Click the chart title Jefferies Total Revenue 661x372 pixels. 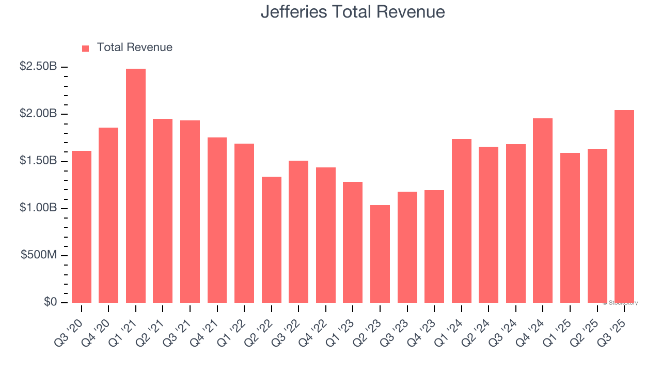[353, 11]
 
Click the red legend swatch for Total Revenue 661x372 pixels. [86, 48]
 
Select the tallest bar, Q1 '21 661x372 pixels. [136, 185]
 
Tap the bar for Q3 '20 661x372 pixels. [82, 227]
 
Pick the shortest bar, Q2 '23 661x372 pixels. [380, 254]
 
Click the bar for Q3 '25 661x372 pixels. [624, 206]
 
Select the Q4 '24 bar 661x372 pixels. [543, 210]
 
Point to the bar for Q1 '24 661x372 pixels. [462, 221]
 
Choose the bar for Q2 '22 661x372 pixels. [272, 240]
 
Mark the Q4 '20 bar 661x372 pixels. [108, 215]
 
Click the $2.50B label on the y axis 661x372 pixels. [38, 67]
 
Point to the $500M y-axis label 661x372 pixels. [39, 256]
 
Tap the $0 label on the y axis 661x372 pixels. [50, 302]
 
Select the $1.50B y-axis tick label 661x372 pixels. [38, 161]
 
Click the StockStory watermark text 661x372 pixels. [620, 303]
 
